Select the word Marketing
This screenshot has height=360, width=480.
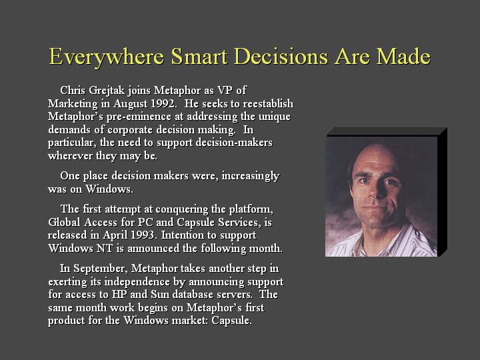74,103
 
